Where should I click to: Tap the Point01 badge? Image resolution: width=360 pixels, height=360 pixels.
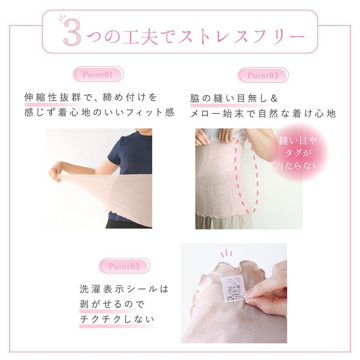(98, 75)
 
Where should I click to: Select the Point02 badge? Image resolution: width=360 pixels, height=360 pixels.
(263, 75)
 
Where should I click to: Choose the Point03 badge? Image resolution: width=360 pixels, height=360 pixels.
(124, 266)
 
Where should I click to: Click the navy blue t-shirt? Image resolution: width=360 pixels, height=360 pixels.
(131, 155)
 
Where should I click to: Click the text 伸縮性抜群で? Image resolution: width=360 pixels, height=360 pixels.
(53, 97)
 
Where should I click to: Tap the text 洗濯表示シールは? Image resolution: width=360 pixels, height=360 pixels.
(124, 289)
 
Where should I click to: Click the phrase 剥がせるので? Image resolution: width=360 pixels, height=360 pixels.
(112, 304)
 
